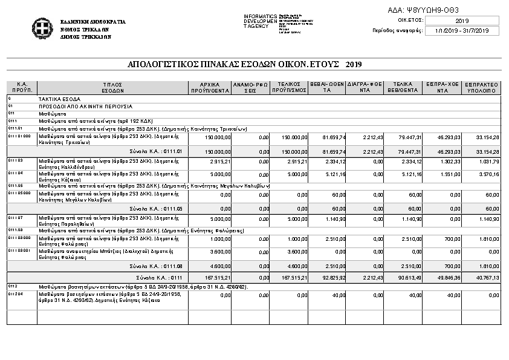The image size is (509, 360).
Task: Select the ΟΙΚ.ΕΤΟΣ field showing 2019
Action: pyautogui.click(x=462, y=21)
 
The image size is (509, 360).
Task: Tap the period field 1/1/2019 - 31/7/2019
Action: pyautogui.click(x=462, y=30)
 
